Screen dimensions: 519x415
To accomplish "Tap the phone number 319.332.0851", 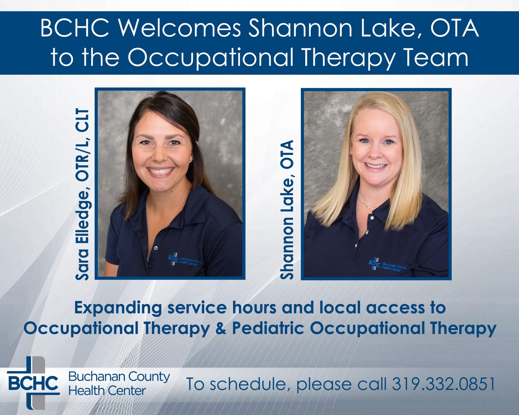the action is point(443,384).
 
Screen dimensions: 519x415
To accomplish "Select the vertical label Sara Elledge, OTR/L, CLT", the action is point(83,195).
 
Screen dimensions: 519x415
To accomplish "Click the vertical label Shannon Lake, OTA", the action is point(287,210).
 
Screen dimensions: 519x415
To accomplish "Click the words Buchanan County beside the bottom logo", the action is point(119,377).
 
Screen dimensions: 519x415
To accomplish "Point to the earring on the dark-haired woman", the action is point(191,160).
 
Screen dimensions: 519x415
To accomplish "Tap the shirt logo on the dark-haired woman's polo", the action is point(185,259).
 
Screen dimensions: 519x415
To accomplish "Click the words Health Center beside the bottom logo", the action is point(107,391).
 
